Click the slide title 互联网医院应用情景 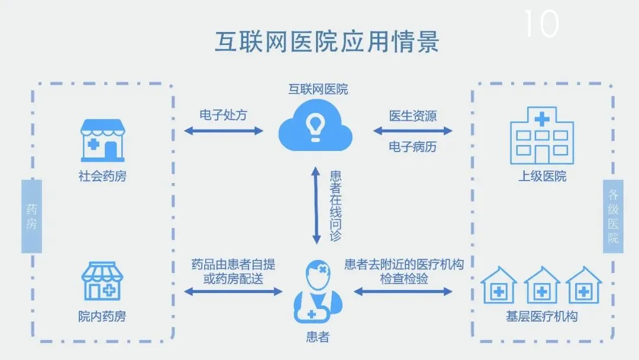(x=327, y=43)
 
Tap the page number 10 (x=541, y=24)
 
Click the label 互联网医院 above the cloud (x=318, y=90)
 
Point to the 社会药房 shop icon (x=103, y=140)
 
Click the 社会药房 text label (x=102, y=176)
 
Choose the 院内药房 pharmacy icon (x=102, y=282)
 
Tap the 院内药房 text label (x=102, y=317)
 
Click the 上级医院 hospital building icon (x=542, y=136)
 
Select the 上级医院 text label (x=542, y=176)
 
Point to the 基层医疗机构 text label (x=542, y=317)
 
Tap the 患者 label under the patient (x=318, y=337)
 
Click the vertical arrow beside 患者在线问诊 (x=317, y=205)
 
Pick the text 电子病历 (x=412, y=147)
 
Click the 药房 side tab (x=31, y=216)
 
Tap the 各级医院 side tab (x=613, y=216)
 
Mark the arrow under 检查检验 (x=403, y=291)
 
